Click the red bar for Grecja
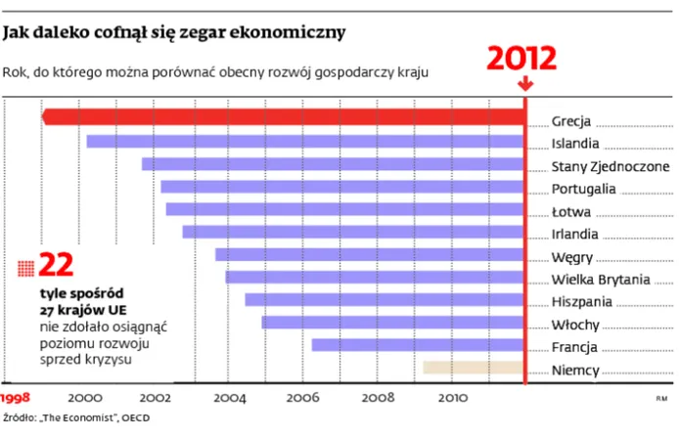click(284, 118)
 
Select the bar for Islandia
click(305, 142)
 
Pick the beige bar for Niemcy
click(473, 368)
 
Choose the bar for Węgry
click(369, 254)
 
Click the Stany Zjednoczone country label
click(610, 165)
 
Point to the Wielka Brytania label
click(600, 279)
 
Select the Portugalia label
click(583, 188)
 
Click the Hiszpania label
click(582, 301)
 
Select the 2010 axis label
click(452, 398)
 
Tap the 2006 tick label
click(303, 398)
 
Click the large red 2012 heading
click(523, 58)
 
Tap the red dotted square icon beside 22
click(26, 267)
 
